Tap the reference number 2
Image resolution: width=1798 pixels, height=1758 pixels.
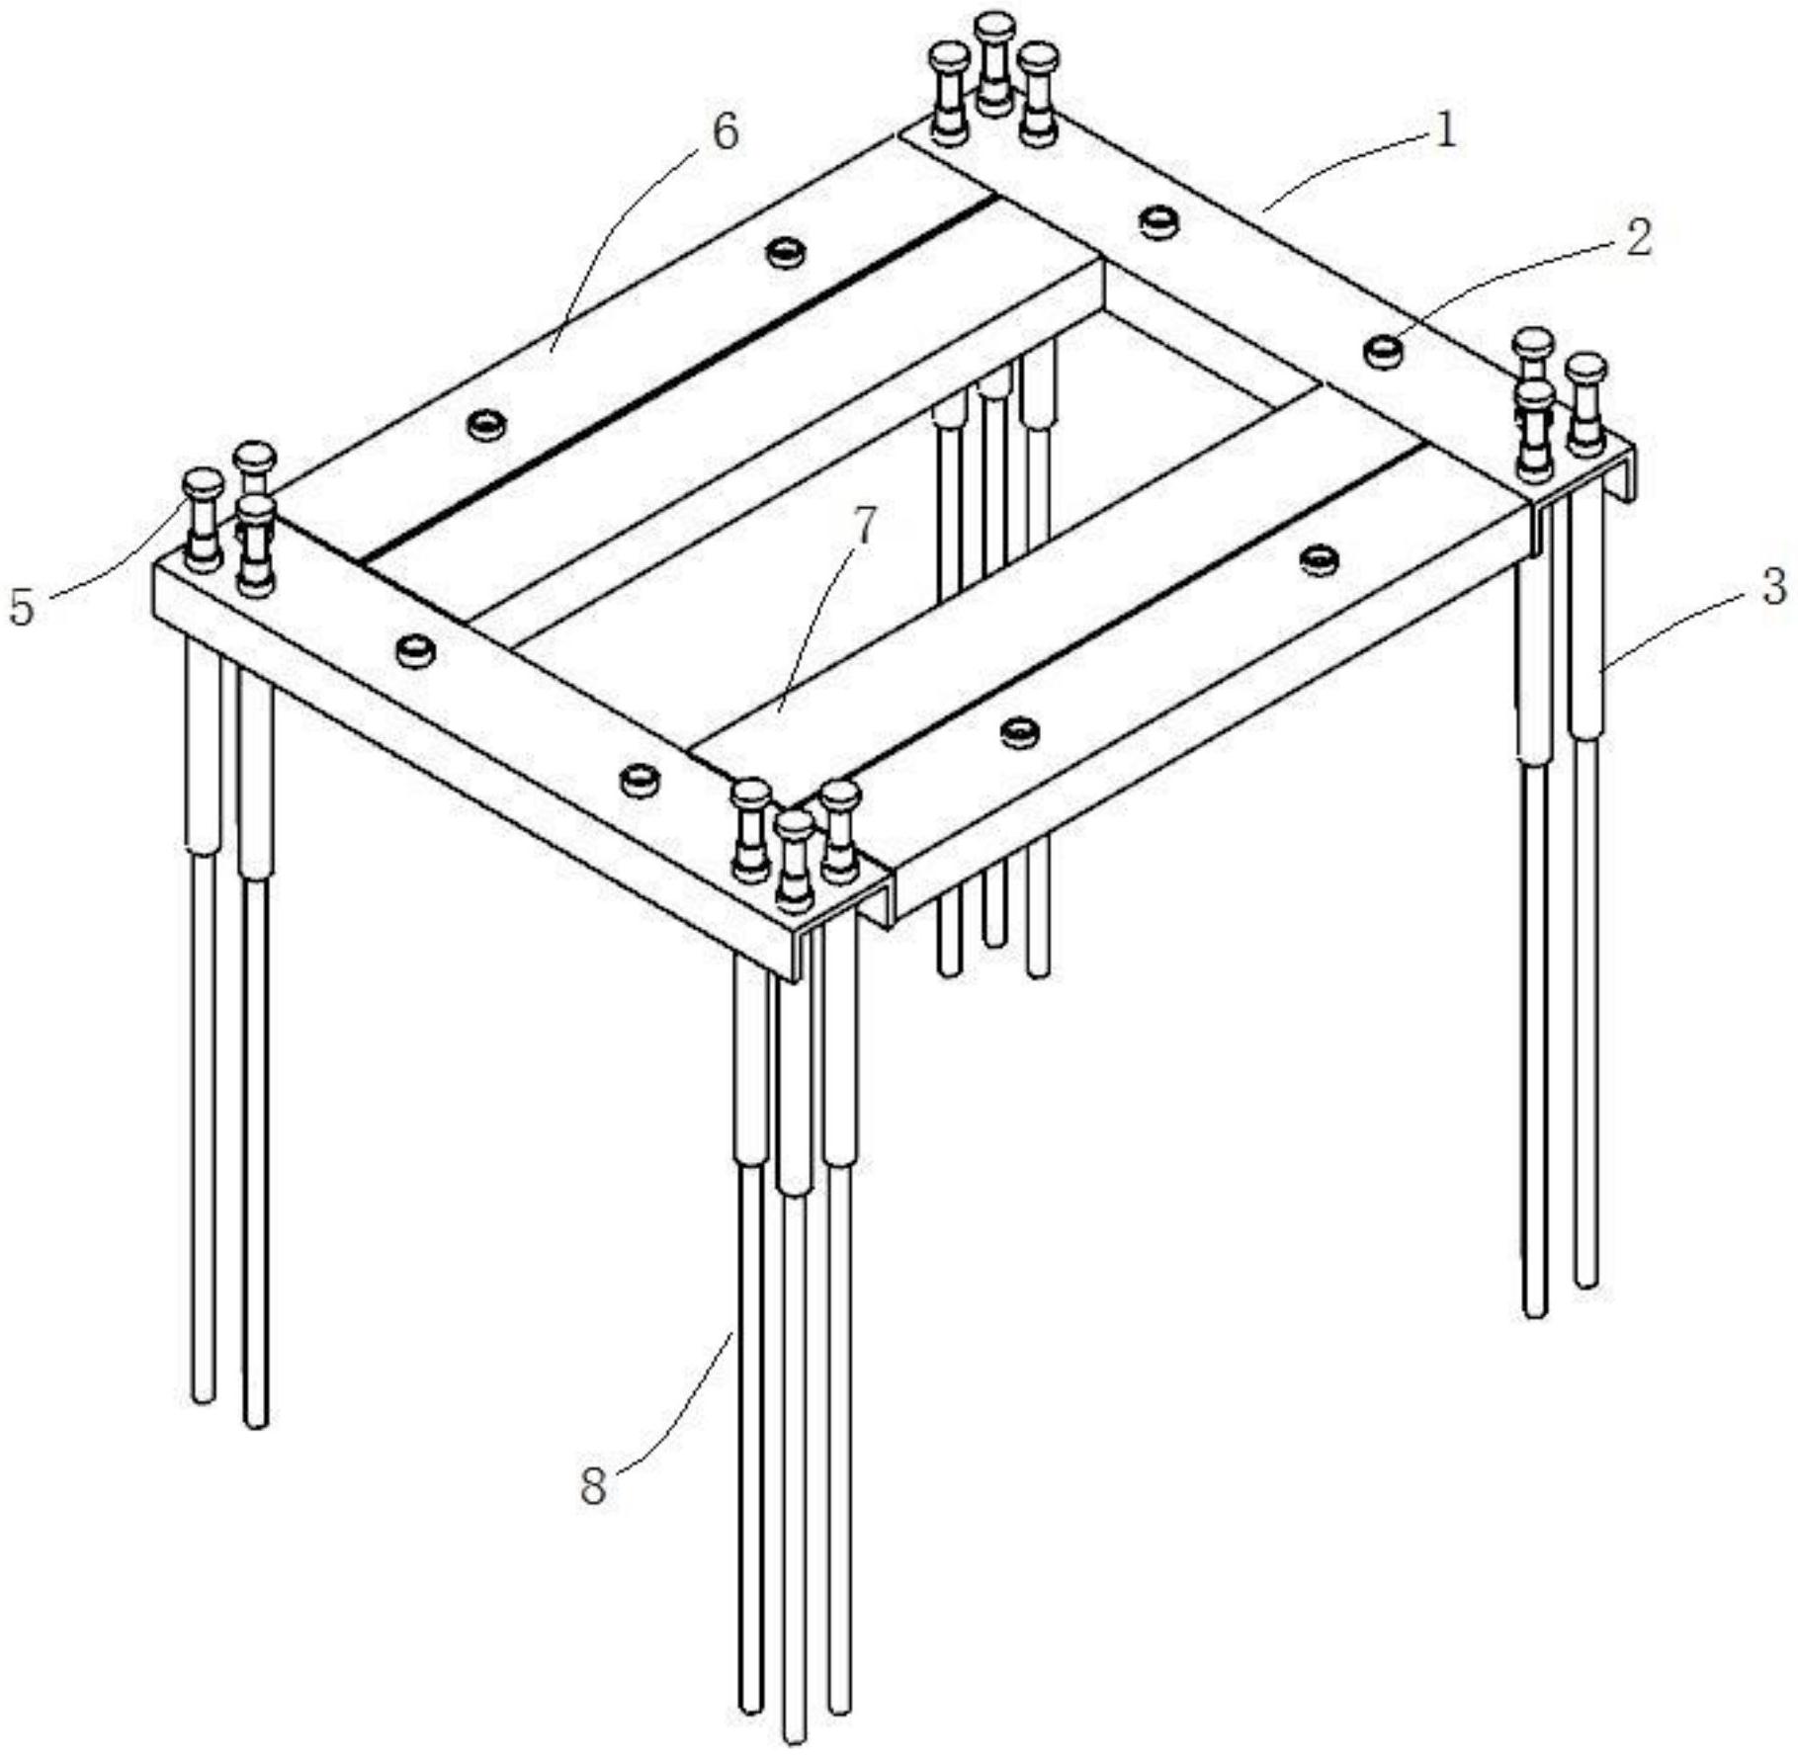click(x=1638, y=238)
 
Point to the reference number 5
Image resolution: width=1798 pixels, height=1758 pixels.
click(x=22, y=606)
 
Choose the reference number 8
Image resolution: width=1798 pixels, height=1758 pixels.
click(x=592, y=1484)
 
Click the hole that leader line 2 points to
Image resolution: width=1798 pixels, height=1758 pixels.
click(x=1384, y=350)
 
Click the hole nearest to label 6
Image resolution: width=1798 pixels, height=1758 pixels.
click(x=787, y=252)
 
